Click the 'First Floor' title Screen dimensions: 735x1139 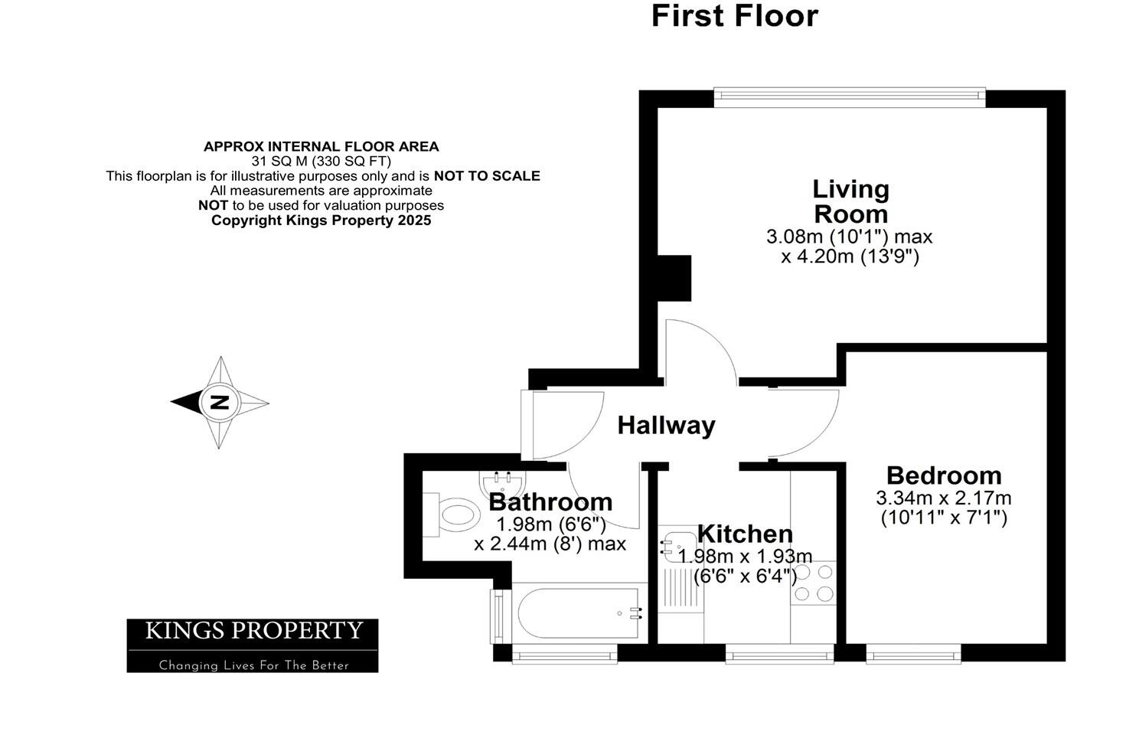[734, 16]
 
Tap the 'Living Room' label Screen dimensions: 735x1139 [850, 201]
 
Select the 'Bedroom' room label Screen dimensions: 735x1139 [943, 475]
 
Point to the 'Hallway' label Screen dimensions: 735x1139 [666, 426]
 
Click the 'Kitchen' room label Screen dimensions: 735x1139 [744, 534]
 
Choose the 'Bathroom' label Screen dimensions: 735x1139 [550, 502]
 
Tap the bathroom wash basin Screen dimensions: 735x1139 [502, 482]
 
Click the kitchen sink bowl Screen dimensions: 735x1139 [674, 545]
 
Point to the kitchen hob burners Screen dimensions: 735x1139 [814, 583]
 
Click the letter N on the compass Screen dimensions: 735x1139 [220, 402]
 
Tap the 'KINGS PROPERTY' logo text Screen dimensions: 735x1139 [253, 631]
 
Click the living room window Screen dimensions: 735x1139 [849, 94]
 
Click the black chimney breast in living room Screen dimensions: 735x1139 [674, 278]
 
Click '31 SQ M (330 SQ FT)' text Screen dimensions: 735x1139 [321, 161]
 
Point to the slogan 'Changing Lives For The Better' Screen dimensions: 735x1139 [253, 665]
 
